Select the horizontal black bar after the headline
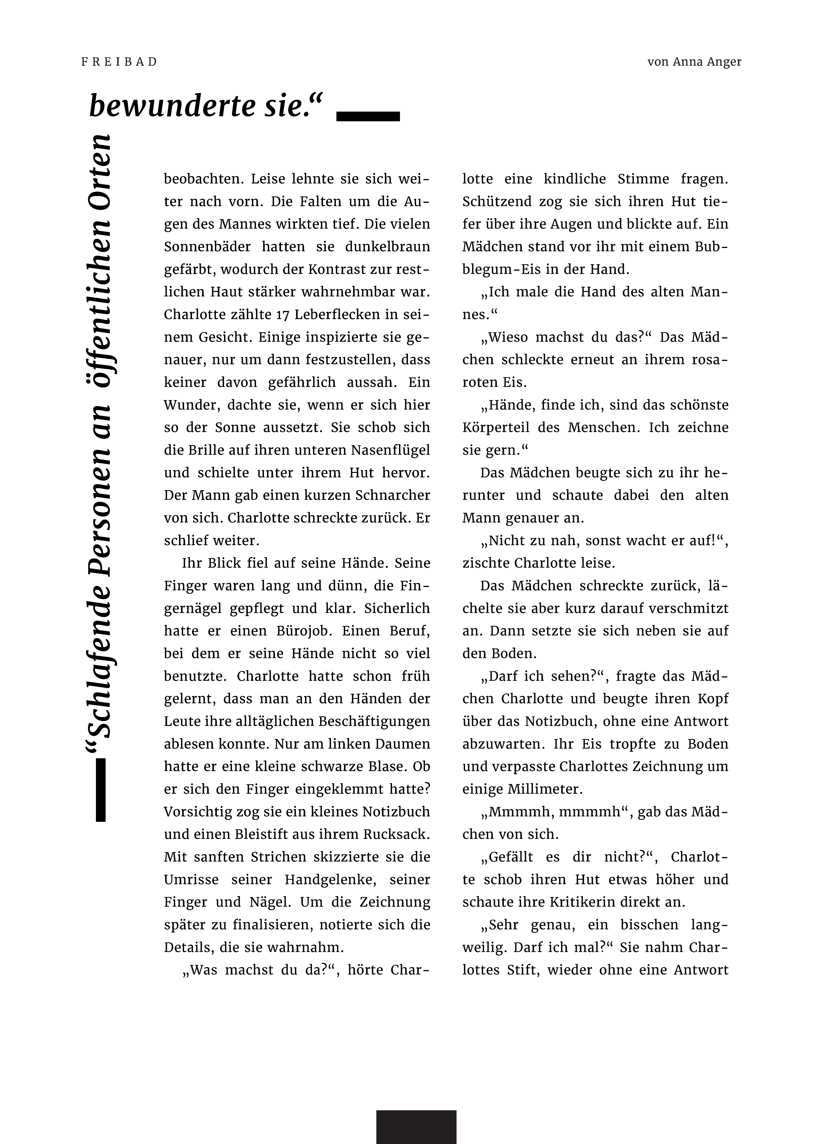coord(368,116)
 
